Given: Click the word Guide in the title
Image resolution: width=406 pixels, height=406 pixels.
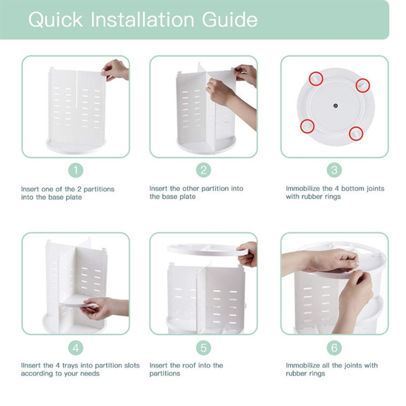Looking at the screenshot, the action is pos(230,19).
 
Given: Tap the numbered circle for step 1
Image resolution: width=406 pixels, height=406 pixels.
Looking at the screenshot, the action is pos(76,170).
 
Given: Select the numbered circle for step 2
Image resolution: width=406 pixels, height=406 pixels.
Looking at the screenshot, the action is pos(203,170).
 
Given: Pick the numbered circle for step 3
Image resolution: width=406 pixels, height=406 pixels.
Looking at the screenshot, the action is pos(334,170).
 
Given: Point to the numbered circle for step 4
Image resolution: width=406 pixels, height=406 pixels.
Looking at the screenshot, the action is pos(76,348).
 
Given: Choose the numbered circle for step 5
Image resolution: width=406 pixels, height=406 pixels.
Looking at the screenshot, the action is pos(203,348).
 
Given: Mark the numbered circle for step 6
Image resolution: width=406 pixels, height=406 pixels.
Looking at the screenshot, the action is pos(334,348).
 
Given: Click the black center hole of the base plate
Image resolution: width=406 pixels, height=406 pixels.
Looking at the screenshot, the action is pos(336,106).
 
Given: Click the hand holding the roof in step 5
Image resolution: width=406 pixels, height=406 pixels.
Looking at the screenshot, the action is pos(248,254).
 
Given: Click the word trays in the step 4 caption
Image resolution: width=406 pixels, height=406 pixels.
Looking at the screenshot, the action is pos(70,366).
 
